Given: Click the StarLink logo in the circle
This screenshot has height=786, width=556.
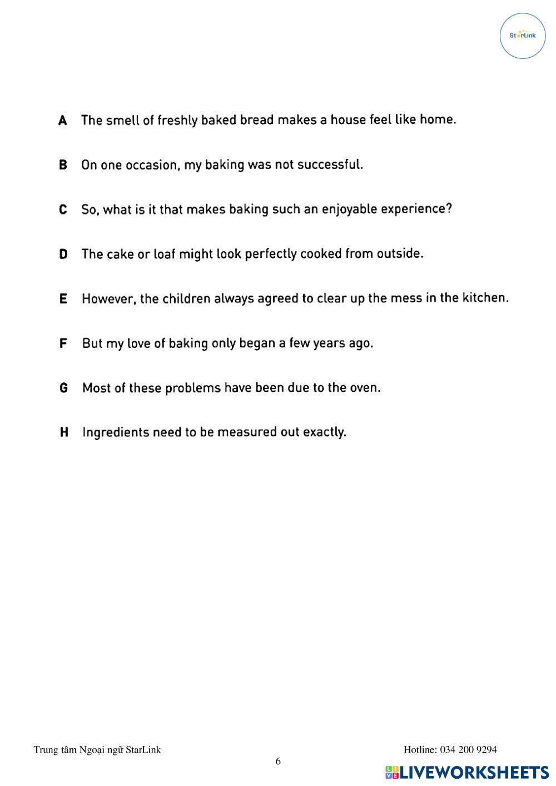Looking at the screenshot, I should pyautogui.click(x=523, y=36).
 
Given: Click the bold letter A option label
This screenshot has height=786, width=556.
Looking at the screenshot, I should pyautogui.click(x=63, y=121).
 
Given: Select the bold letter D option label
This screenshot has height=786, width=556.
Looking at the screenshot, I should pyautogui.click(x=63, y=254).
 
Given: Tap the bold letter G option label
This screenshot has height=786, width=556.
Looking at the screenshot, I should pyautogui.click(x=64, y=388).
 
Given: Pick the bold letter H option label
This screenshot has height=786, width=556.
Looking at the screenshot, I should pyautogui.click(x=64, y=432).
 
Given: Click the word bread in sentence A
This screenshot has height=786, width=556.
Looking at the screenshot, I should pyautogui.click(x=257, y=120).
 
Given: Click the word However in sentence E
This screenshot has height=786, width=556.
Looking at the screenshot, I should pyautogui.click(x=108, y=299).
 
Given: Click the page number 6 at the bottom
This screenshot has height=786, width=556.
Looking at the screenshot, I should pyautogui.click(x=279, y=762).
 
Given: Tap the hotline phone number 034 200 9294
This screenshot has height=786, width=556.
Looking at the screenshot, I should pyautogui.click(x=468, y=750).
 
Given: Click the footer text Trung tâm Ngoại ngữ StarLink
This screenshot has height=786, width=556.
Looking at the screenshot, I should pyautogui.click(x=97, y=750).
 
